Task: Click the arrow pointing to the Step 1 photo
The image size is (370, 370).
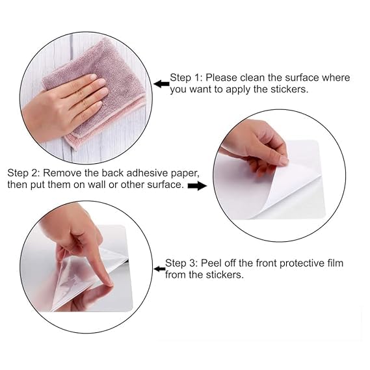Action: [162, 84]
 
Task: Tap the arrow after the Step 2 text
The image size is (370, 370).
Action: [197, 186]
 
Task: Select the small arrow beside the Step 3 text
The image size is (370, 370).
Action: [159, 269]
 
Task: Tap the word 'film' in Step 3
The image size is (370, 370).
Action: [336, 263]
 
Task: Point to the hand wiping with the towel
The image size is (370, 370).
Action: [64, 105]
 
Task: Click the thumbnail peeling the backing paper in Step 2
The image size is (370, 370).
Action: [283, 161]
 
